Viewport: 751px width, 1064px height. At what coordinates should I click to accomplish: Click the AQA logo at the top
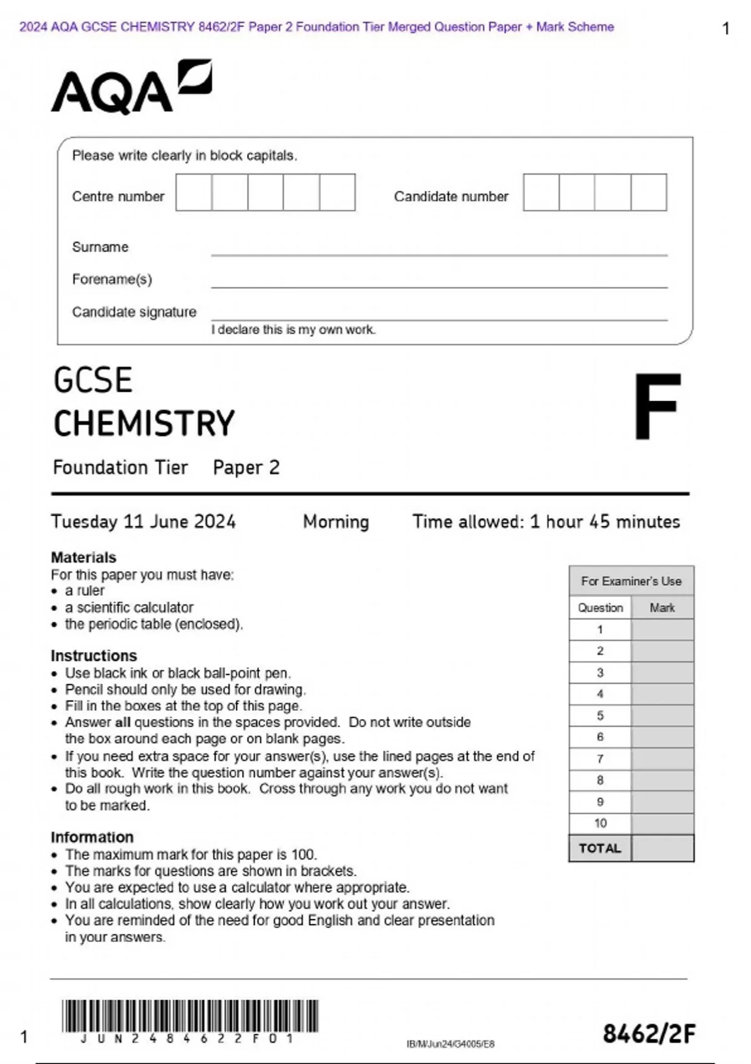pyautogui.click(x=131, y=88)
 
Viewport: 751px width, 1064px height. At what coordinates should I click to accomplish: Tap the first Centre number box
pyautogui.click(x=194, y=193)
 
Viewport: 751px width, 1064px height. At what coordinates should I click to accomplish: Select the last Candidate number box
pyautogui.click(x=649, y=193)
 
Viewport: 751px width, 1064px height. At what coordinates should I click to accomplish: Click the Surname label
pyautogui.click(x=100, y=247)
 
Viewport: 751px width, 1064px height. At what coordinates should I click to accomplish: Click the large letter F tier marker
pyautogui.click(x=657, y=407)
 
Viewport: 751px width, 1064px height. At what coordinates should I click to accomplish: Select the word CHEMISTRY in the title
pyautogui.click(x=144, y=424)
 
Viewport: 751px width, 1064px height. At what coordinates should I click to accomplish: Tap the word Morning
pyautogui.click(x=336, y=522)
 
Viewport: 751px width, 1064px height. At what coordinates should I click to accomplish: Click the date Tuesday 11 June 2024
pyautogui.click(x=143, y=522)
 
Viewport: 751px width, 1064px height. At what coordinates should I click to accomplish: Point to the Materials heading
pyautogui.click(x=83, y=557)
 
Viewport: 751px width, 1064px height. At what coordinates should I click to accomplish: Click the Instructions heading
pyautogui.click(x=94, y=655)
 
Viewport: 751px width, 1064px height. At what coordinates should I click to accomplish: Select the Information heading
pyautogui.click(x=92, y=837)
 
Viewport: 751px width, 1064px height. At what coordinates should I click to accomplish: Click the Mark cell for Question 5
pyautogui.click(x=662, y=715)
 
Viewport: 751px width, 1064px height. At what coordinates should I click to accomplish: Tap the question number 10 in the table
pyautogui.click(x=600, y=824)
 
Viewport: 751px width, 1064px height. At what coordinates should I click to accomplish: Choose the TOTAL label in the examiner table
pyautogui.click(x=600, y=849)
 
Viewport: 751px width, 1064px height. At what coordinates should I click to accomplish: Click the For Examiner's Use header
pyautogui.click(x=631, y=581)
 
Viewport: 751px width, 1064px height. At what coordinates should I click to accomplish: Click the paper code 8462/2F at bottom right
pyautogui.click(x=649, y=1034)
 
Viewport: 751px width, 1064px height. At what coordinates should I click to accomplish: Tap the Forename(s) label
pyautogui.click(x=112, y=279)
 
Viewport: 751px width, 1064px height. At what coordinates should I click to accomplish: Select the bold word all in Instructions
pyautogui.click(x=123, y=722)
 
